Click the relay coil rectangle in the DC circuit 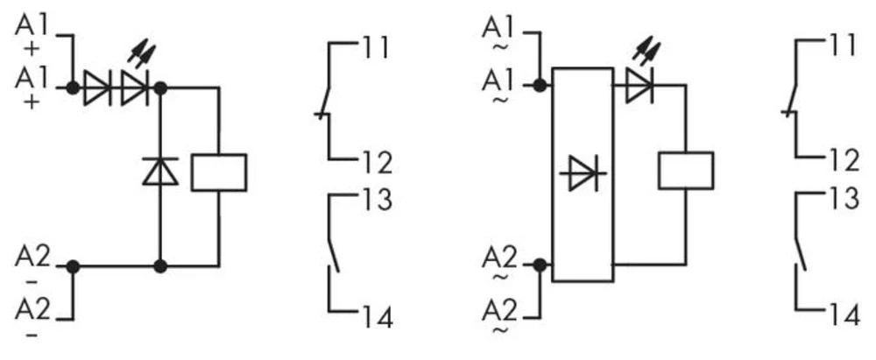pos(218,172)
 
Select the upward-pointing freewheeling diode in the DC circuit pos(159,170)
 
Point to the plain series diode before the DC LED pos(96,88)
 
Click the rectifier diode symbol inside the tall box pos(583,173)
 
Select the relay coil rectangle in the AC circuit pos(685,170)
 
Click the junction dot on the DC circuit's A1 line pos(73,88)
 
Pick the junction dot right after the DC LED pos(159,88)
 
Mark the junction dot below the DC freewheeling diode pos(159,265)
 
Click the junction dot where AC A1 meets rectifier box pos(540,86)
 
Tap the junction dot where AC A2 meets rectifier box pos(540,265)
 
